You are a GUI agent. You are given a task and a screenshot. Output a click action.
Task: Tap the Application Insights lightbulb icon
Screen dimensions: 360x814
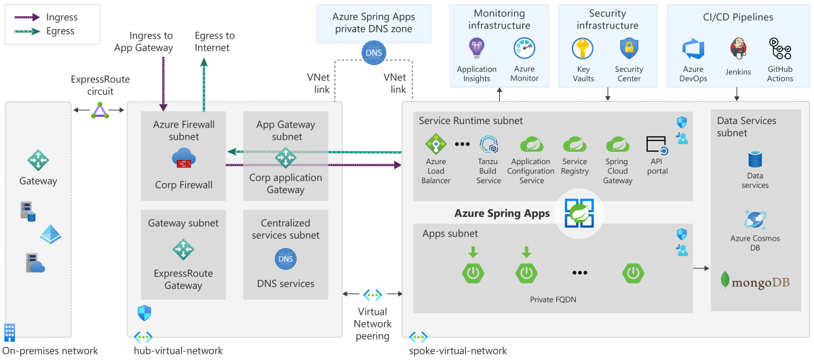(x=476, y=48)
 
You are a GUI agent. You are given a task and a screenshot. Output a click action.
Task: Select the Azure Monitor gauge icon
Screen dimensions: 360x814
(x=524, y=48)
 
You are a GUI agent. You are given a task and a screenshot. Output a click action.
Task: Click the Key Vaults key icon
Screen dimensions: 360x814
(x=583, y=49)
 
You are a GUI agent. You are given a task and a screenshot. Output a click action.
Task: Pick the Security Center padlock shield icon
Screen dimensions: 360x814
(x=629, y=49)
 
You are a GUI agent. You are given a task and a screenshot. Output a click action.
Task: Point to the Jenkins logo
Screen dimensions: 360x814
(x=738, y=49)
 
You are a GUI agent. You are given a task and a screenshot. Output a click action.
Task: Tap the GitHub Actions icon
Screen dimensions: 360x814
(x=780, y=49)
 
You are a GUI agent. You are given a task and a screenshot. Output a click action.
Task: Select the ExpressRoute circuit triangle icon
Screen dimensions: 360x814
(x=100, y=110)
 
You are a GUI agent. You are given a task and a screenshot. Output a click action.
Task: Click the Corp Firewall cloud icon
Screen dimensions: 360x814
(x=184, y=159)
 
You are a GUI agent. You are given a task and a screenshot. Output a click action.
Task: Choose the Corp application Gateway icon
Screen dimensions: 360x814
(x=285, y=157)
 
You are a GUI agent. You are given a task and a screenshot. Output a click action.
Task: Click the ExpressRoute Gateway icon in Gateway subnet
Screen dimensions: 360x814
(x=183, y=250)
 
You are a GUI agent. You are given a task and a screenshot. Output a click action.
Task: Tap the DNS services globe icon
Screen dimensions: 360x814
(x=285, y=258)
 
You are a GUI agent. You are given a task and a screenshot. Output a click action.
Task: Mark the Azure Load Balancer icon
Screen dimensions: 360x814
(x=435, y=144)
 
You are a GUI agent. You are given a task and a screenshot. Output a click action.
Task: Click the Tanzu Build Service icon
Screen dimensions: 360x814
(x=489, y=144)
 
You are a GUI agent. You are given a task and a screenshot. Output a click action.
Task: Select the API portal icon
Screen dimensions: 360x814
(x=657, y=146)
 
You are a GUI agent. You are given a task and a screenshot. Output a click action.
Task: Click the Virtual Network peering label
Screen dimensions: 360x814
(x=372, y=323)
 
